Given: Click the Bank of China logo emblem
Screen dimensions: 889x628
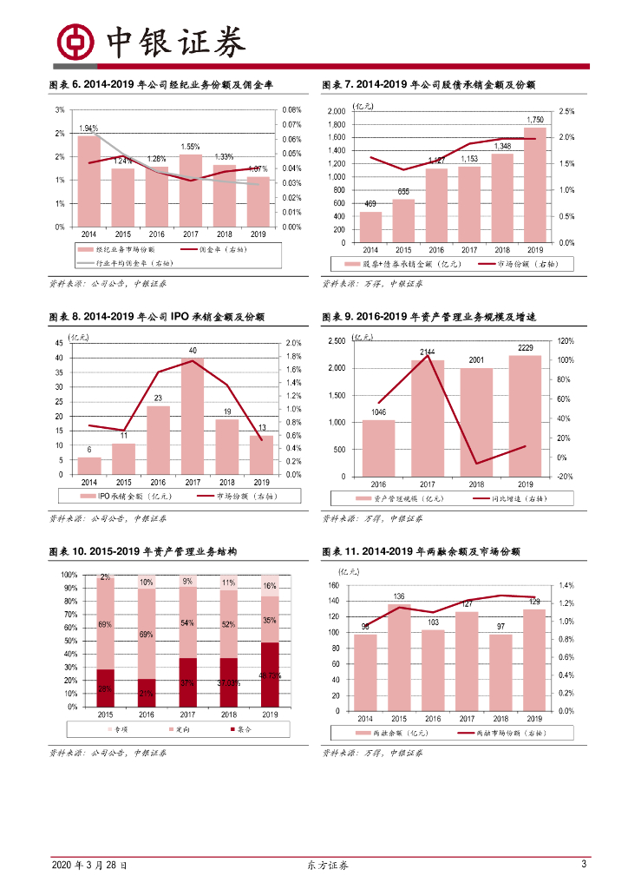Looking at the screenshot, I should click(75, 40).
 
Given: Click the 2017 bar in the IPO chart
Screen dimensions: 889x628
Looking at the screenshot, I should click(192, 416).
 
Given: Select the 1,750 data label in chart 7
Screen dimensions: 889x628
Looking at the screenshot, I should click(535, 120).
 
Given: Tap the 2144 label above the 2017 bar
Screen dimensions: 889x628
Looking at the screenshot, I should click(427, 352).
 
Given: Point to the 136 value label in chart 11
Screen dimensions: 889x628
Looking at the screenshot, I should click(399, 596).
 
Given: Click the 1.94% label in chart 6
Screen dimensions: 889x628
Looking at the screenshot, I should click(88, 128).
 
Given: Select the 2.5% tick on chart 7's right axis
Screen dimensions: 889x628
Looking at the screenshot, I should click(566, 111).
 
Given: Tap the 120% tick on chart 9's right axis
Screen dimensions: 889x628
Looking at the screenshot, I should click(566, 341).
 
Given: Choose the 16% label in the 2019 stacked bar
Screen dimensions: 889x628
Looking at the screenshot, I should click(270, 586).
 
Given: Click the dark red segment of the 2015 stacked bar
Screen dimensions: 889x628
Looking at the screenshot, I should click(105, 688).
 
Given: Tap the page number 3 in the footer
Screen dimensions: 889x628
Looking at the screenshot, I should click(584, 865).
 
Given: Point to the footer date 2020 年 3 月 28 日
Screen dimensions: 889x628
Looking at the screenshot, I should click(89, 866).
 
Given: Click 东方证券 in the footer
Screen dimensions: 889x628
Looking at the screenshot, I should click(328, 866).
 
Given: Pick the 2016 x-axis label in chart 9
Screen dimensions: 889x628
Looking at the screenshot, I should click(378, 484).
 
